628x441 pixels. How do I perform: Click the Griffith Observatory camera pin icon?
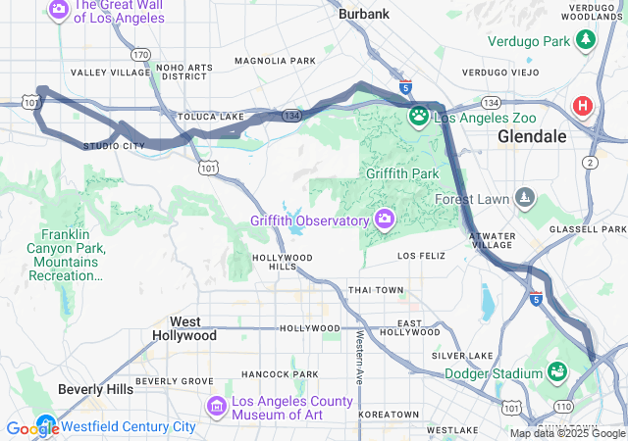(x=384, y=220)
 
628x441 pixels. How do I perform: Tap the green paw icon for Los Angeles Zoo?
(x=419, y=117)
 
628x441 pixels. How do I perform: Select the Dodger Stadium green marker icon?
(x=557, y=372)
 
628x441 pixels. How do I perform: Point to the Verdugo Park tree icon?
(x=586, y=41)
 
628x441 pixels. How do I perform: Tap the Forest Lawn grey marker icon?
(x=526, y=198)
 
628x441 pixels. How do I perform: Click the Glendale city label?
(x=532, y=136)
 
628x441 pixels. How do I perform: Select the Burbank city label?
(x=363, y=14)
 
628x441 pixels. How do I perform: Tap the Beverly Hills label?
(x=95, y=389)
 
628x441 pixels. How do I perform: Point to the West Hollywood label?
(x=184, y=328)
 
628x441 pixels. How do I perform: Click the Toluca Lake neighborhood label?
(x=210, y=117)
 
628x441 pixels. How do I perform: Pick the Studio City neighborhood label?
(x=114, y=146)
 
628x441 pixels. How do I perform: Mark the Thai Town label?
(x=375, y=290)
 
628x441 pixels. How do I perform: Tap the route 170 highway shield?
(x=142, y=55)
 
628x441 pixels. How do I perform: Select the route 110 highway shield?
(x=563, y=406)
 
